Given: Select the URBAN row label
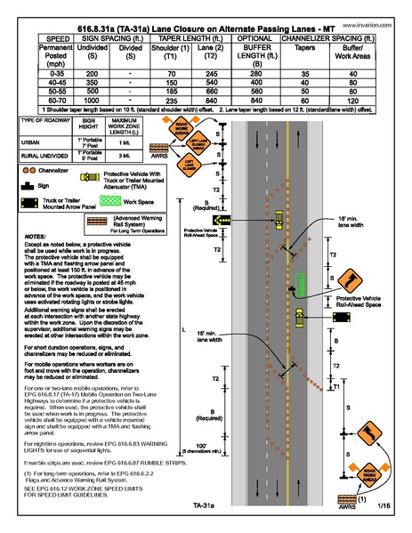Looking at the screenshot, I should (x=33, y=139).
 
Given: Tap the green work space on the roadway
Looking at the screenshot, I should (x=303, y=284).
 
